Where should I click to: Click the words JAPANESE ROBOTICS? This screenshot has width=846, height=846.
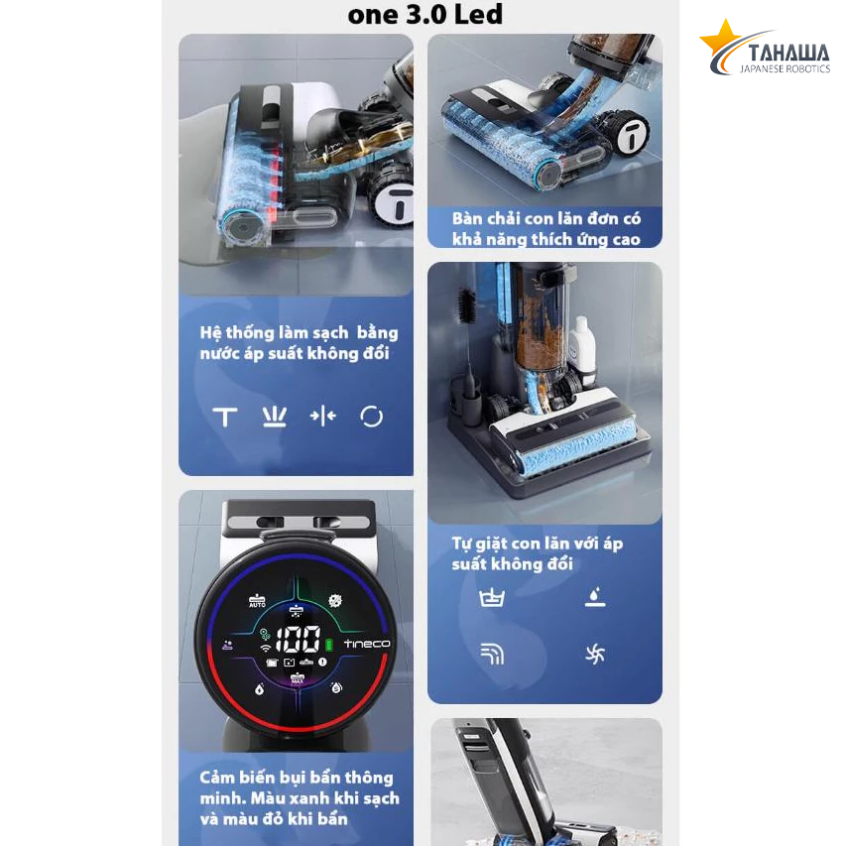785,69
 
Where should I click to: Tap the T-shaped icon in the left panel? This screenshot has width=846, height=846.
225,418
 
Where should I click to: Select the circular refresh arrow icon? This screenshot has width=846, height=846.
371,417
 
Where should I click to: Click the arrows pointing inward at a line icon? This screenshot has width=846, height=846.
323,416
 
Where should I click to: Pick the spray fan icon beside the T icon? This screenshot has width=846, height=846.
274,417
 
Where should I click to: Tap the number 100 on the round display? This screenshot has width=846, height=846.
299,640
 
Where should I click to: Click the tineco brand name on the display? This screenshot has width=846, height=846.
367,644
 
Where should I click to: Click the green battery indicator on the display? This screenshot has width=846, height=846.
328,645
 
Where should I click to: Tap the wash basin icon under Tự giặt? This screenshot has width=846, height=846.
492,598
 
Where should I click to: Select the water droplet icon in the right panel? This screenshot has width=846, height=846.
594,597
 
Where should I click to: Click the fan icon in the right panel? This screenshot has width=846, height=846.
594,655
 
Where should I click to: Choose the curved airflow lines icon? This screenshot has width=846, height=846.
492,654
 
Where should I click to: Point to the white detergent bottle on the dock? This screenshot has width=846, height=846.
582,345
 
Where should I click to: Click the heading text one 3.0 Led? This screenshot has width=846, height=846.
425,14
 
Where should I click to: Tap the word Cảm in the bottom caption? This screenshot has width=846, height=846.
217,777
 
